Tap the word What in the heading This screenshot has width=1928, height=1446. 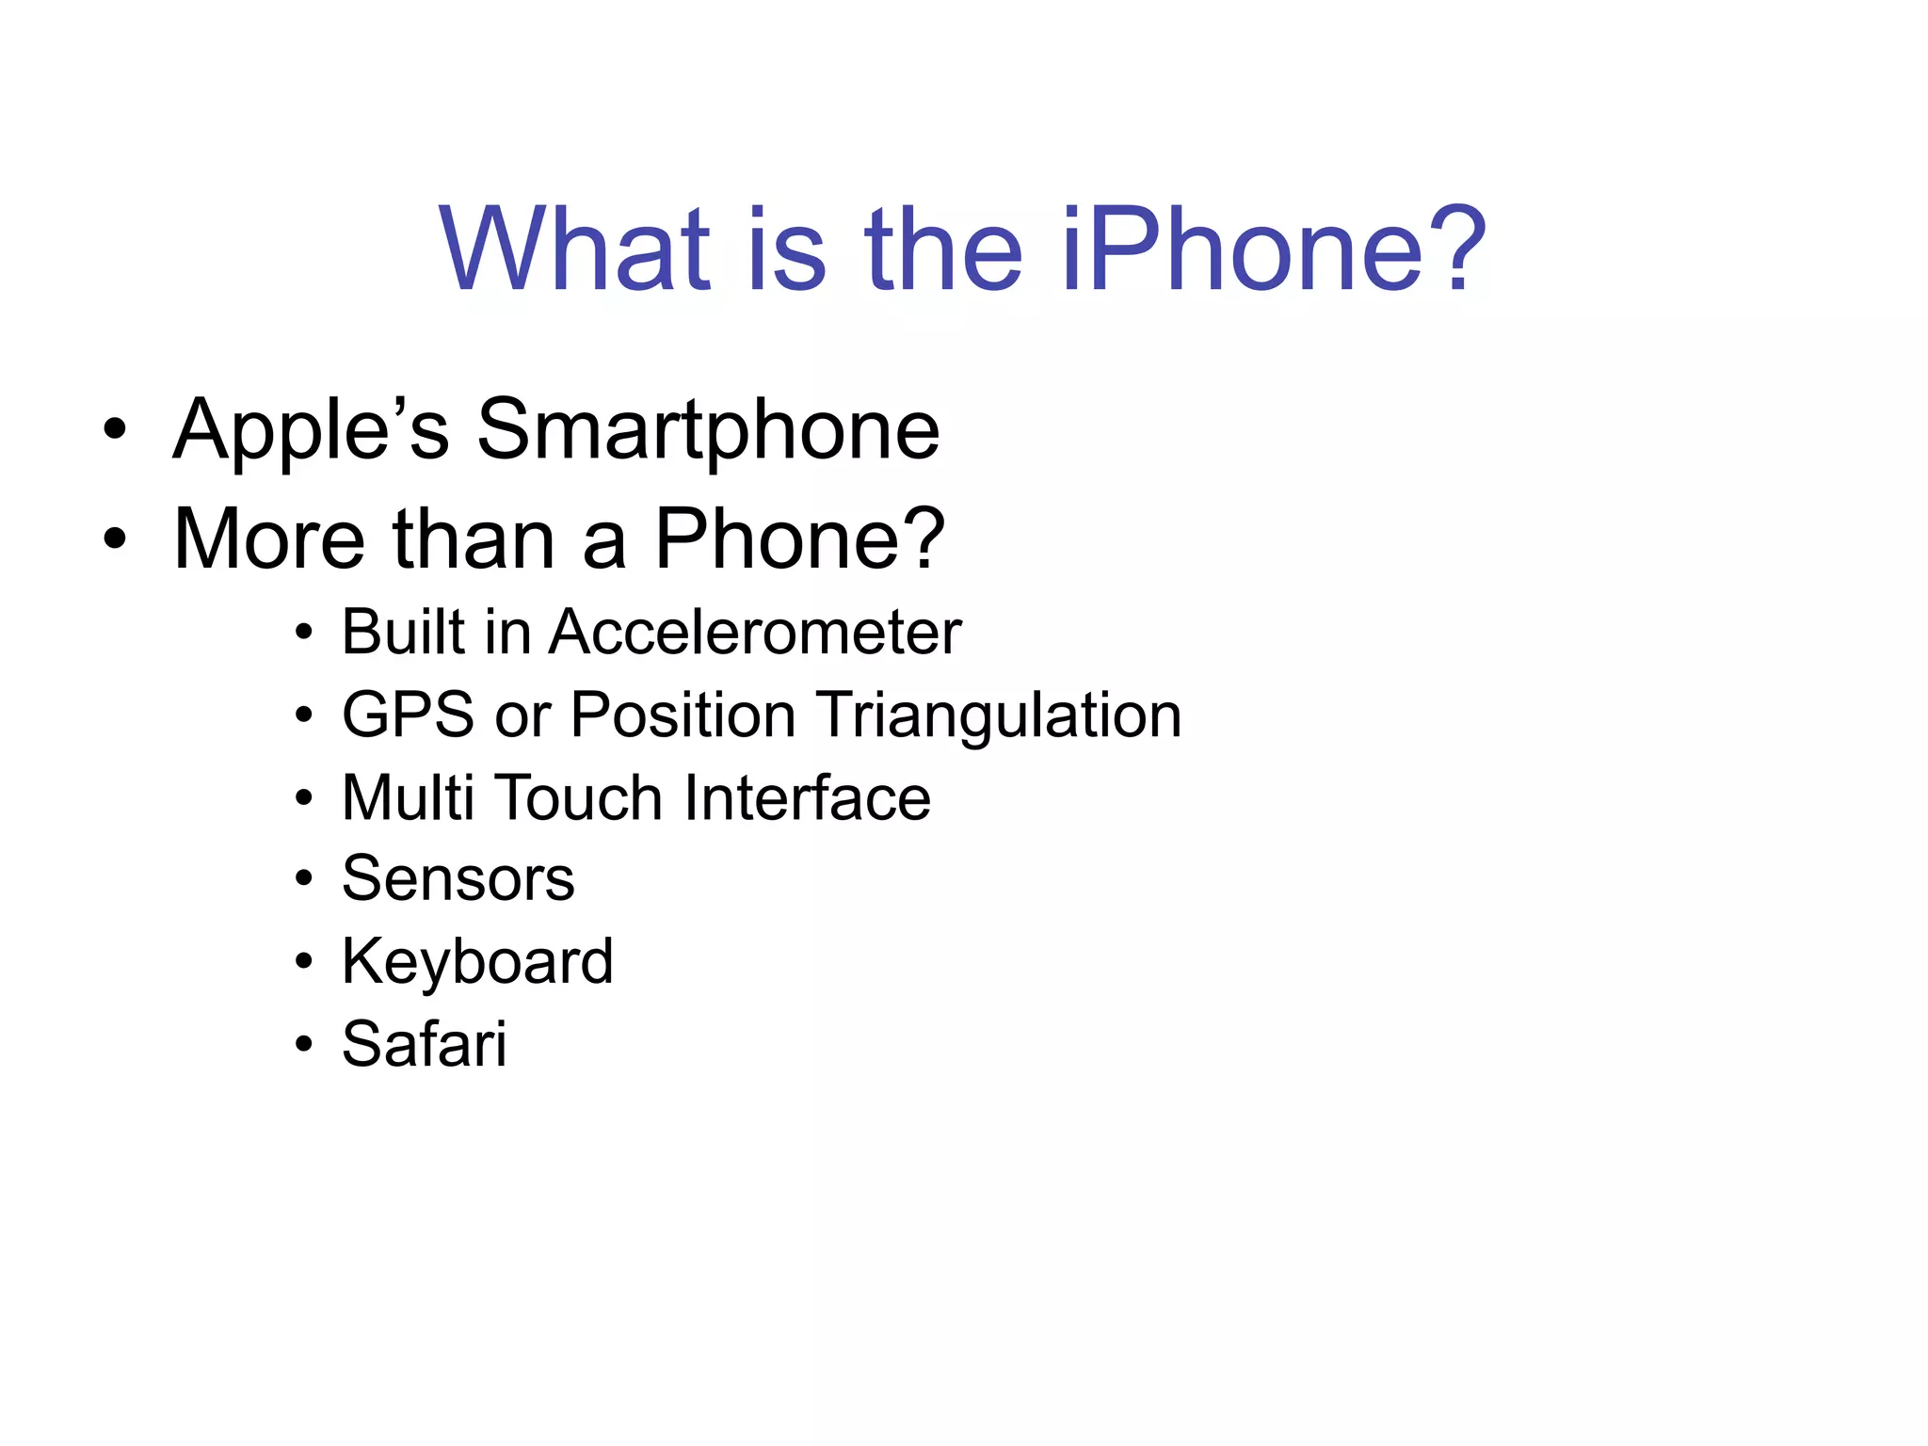coord(575,250)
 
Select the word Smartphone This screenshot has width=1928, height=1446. coord(708,430)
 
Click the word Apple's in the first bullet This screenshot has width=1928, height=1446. coord(312,430)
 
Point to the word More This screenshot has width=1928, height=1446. coord(269,539)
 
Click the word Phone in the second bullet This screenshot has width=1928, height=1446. coord(799,539)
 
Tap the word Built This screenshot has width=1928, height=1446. coord(403,632)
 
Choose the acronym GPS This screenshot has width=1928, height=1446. coord(408,715)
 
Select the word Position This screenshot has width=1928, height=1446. coord(683,715)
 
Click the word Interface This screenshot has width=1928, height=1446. coord(807,798)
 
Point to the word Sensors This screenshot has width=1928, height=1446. coord(458,879)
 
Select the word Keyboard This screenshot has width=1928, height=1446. coord(477,962)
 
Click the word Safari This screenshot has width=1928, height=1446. coord(424,1044)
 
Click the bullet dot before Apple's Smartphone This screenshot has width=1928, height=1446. coord(115,431)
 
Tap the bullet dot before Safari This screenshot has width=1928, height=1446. coord(303,1044)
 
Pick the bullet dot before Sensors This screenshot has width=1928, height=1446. coord(303,879)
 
